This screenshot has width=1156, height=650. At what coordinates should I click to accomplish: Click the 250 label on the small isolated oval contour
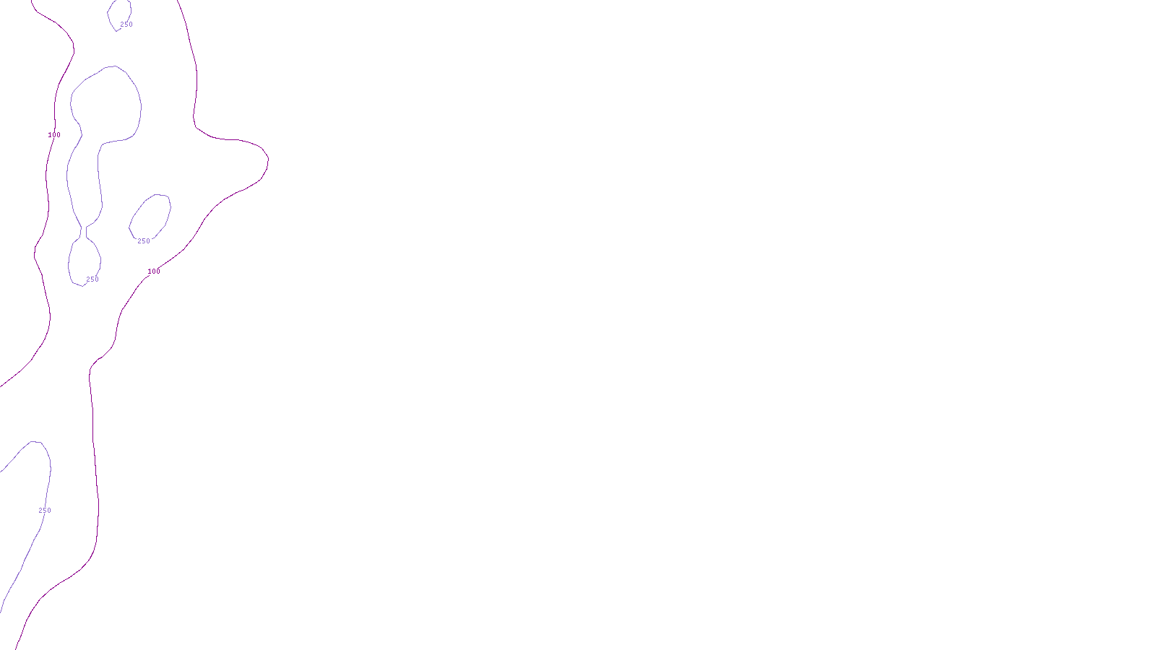point(144,241)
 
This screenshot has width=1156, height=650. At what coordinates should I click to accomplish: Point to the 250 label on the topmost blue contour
point(126,25)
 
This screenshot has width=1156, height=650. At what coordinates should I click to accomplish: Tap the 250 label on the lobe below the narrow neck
point(92,279)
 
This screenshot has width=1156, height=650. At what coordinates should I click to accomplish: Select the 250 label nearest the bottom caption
point(45,511)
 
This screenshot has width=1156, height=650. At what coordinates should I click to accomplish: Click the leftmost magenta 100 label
point(54,135)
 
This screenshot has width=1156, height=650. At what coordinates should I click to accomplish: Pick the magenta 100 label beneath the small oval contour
point(154,272)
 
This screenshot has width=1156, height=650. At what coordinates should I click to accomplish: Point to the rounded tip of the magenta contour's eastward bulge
point(267,158)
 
